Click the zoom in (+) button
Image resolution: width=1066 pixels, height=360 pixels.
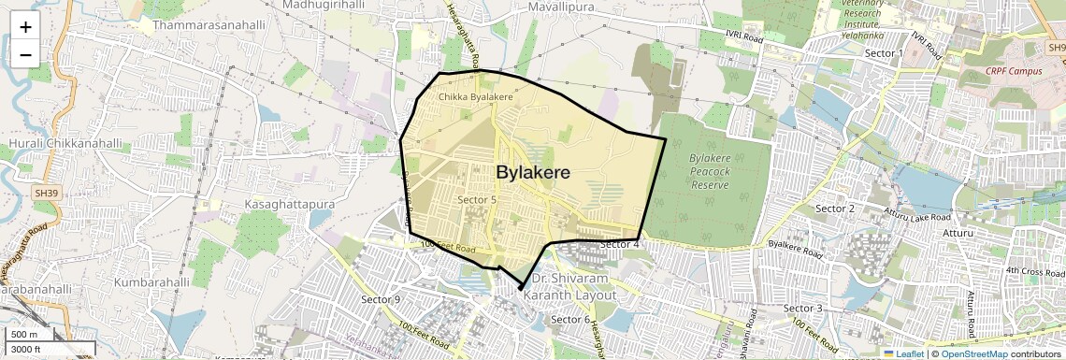25,26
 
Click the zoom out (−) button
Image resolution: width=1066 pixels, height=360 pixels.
25,54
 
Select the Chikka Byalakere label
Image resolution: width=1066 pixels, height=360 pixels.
476,97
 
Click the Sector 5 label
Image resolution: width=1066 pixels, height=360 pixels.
477,199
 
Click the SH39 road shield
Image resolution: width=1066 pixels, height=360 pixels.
45,193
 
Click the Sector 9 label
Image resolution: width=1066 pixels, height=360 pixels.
381,299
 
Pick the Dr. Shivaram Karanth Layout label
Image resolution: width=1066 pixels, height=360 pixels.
569,287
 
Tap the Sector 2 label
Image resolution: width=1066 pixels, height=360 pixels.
835,208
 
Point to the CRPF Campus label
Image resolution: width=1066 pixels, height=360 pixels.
1014,71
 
